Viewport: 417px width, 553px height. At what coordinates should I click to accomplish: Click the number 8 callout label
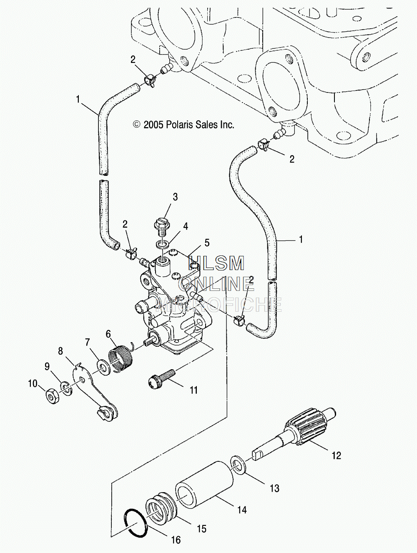60,351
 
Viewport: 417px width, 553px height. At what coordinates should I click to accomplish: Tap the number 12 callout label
337,455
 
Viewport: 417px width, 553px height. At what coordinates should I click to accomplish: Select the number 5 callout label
207,243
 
